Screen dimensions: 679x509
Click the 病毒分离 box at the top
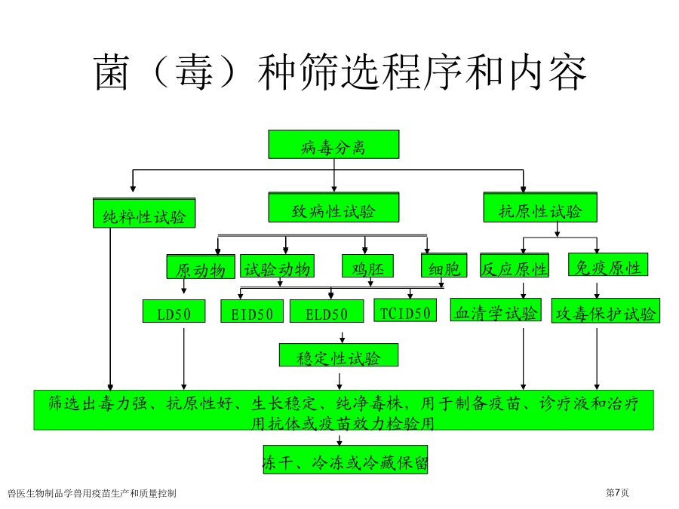coord(333,144)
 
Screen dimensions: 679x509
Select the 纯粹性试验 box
coord(144,213)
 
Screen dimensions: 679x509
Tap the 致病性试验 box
coord(333,207)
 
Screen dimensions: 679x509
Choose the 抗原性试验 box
coord(540,207)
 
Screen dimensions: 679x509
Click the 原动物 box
coord(201,267)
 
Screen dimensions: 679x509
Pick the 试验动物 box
coord(277,265)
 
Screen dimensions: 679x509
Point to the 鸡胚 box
coord(367,265)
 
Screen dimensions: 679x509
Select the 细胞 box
coord(444,265)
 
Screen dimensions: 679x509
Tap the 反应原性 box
coord(515,265)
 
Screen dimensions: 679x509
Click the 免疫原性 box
coord(608,265)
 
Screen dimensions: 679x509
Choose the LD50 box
coord(174,311)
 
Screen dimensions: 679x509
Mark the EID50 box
coord(252,311)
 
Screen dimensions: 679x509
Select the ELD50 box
coord(327,311)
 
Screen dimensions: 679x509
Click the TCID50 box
coord(405,311)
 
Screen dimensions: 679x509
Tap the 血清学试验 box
coord(496,310)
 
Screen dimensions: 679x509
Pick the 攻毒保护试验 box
coord(605,311)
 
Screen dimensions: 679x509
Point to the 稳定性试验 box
coord(339,355)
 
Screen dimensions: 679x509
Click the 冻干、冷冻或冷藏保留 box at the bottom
coord(345,460)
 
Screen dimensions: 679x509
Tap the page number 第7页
coord(617,492)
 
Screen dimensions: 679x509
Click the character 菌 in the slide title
coord(112,72)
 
